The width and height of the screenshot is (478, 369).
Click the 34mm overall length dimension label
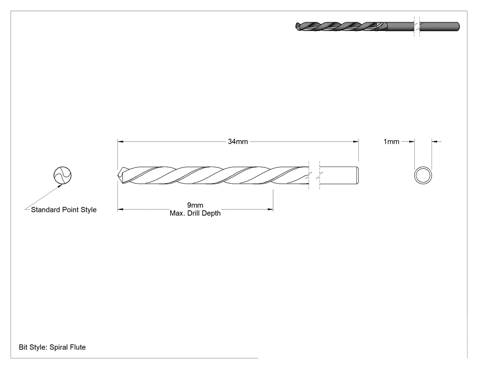[238, 142]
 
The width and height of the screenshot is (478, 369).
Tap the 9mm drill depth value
[195, 205]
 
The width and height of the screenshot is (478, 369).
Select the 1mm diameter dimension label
[391, 142]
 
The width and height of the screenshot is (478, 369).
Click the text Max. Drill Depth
[195, 213]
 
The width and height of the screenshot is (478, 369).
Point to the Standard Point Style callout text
[64, 210]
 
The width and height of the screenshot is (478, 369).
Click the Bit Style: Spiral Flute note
[52, 347]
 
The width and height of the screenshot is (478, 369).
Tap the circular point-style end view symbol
[62, 175]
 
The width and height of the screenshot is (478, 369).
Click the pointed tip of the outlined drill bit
[118, 175]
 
